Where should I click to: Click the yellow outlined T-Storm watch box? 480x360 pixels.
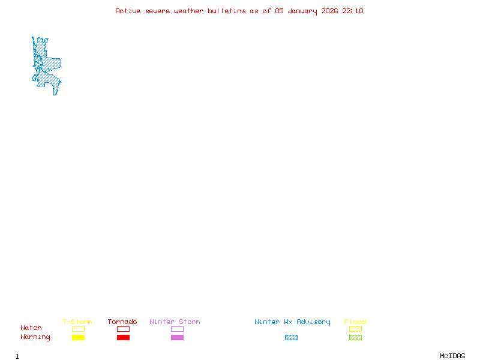(78, 329)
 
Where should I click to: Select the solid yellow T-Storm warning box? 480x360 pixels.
(78, 338)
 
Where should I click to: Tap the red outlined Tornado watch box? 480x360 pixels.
(123, 329)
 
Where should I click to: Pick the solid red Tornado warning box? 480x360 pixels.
(123, 338)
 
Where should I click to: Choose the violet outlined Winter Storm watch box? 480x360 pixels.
(177, 329)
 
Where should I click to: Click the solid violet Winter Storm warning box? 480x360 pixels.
(177, 338)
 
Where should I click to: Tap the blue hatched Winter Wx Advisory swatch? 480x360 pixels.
(291, 338)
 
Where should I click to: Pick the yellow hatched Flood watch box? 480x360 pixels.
(355, 329)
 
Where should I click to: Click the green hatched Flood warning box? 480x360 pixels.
(355, 338)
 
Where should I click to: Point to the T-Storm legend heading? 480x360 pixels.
(77, 322)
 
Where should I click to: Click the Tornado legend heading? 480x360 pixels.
(122, 322)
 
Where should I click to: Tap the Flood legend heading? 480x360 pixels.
(355, 322)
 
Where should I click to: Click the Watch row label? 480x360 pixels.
(31, 328)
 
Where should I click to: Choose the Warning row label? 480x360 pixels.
(35, 337)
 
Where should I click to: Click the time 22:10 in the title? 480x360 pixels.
(353, 11)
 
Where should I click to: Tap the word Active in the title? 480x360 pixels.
(128, 11)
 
